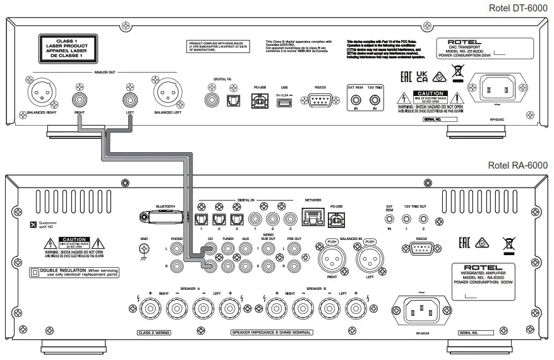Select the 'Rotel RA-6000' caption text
[518, 165]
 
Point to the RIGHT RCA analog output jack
[80, 99]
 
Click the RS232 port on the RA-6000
[423, 250]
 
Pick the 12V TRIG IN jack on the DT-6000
[376, 100]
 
